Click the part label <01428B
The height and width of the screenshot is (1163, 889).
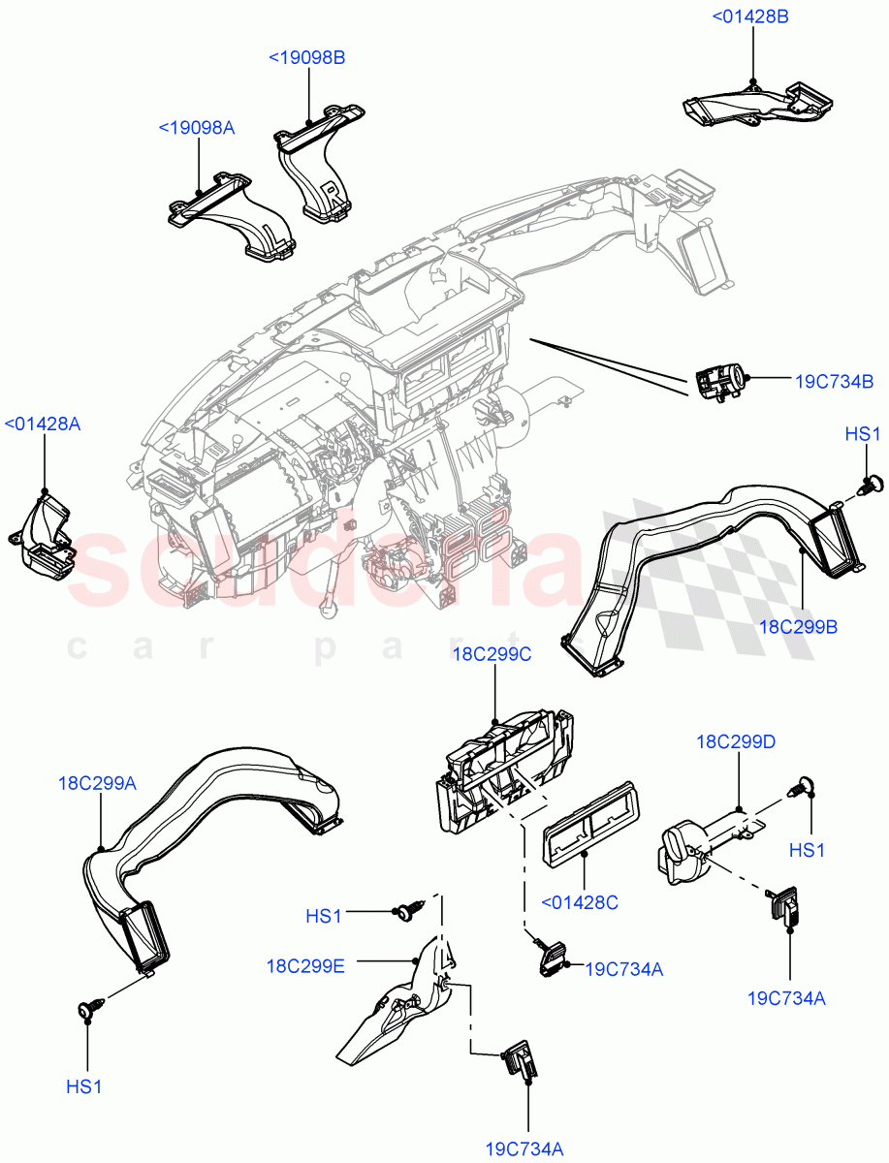point(751,16)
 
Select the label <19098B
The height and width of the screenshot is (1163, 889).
point(306,57)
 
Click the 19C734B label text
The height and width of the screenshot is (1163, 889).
point(834,381)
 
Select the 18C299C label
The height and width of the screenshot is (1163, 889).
point(492,655)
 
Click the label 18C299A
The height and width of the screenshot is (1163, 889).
point(96,784)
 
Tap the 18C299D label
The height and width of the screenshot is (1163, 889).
point(736,741)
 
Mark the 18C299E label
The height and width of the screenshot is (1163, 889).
point(306,965)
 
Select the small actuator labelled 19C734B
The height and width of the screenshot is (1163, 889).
point(719,381)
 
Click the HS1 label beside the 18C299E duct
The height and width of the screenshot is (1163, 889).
point(324,915)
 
